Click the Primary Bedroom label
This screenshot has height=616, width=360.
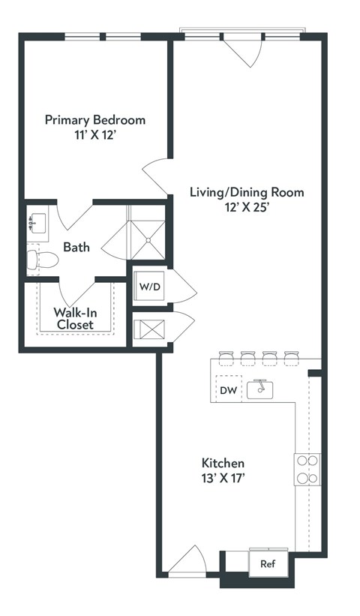95,119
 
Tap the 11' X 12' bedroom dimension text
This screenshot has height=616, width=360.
95,137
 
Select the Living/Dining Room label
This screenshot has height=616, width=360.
247,192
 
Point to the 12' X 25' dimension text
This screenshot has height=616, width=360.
247,209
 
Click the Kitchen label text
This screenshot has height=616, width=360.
223,463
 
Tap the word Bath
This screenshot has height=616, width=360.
76,247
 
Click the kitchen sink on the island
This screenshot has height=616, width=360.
260,389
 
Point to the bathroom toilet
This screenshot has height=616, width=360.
43,260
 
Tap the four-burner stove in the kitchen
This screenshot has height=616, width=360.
307,470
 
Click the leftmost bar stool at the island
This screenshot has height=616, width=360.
225,358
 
